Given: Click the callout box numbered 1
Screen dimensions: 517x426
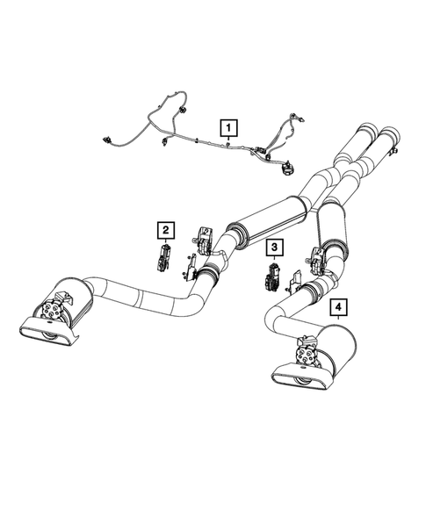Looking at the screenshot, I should point(227,128).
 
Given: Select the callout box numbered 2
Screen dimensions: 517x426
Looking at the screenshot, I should point(164,231).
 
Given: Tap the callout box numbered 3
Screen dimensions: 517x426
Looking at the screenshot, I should point(275,248).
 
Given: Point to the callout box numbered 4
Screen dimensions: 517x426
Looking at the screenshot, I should point(338,307).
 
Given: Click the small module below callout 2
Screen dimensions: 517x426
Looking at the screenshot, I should point(162,259).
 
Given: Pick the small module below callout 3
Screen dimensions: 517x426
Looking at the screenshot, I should point(270,280).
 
